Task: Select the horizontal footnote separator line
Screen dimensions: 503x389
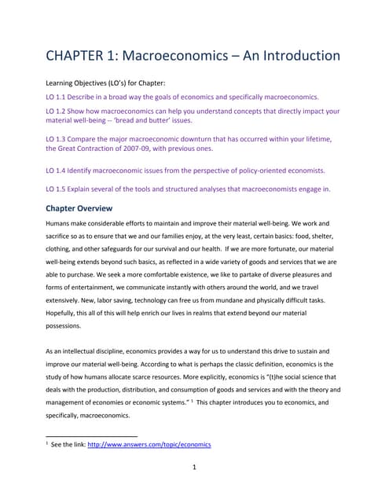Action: tap(92, 435)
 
